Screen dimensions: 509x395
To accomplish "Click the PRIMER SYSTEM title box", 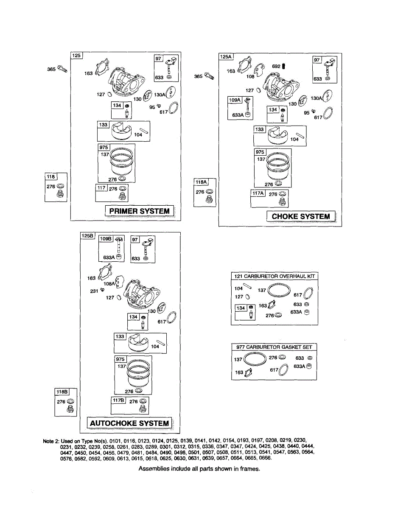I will pyautogui.click(x=139, y=211).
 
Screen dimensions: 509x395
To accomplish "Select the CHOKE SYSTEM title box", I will pyautogui.click(x=301, y=216).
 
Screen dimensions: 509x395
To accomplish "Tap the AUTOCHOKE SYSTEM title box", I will pyautogui.click(x=129, y=423).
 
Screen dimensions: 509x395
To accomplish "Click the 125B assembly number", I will pyautogui.click(x=88, y=235).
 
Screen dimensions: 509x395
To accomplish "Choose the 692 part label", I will pyautogui.click(x=276, y=66).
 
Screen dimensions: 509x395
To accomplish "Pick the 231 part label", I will pyautogui.click(x=94, y=291).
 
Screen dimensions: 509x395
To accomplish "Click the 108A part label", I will pyautogui.click(x=109, y=284).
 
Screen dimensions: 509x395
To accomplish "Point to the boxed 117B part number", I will pyautogui.click(x=118, y=401).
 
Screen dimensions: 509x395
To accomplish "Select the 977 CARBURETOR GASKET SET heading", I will pyautogui.click(x=274, y=347).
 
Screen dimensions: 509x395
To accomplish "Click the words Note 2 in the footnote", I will pyautogui.click(x=51, y=441).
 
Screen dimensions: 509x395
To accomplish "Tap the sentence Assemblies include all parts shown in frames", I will pyautogui.click(x=199, y=469).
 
